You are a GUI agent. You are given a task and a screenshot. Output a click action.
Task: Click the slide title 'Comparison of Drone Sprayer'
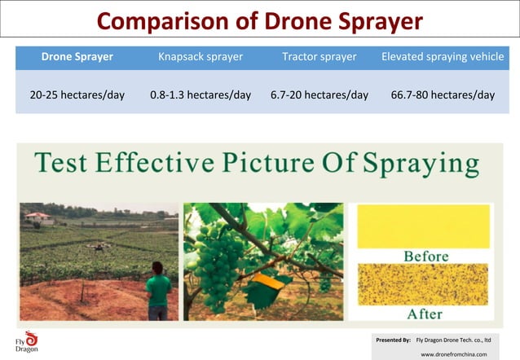point(260,20)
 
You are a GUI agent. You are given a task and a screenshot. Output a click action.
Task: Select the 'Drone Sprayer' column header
point(77,57)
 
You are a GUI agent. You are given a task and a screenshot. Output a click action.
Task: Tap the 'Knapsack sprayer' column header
point(201,57)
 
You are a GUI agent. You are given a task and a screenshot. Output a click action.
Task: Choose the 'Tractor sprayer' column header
point(319,57)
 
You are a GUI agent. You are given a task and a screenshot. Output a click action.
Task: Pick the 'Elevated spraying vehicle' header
point(443,57)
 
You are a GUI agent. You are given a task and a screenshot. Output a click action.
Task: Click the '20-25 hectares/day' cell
point(77,94)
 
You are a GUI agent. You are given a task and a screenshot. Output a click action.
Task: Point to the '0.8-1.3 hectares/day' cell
point(201,94)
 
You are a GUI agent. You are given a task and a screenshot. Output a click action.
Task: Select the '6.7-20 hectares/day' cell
point(319,94)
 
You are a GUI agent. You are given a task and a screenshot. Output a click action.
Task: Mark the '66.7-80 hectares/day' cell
point(443,94)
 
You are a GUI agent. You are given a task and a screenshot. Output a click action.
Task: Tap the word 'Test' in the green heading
point(62,163)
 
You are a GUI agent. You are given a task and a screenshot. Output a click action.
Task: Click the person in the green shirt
point(158,290)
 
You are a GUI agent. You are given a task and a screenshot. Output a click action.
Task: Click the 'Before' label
point(425,257)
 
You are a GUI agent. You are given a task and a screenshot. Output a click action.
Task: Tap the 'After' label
point(425,313)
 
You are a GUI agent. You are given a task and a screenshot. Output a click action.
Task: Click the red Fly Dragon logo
point(31,337)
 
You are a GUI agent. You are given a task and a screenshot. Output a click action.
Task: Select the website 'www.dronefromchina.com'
point(453,354)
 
